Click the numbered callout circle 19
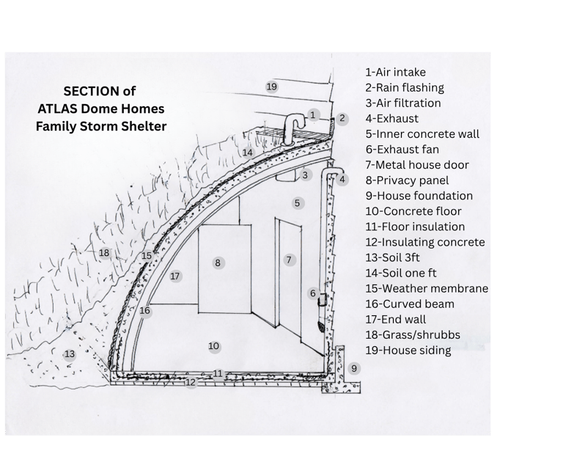[272, 87]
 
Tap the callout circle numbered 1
[313, 114]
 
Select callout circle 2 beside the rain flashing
[342, 118]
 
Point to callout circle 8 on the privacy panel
[218, 262]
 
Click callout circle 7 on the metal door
[289, 260]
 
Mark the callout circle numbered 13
[70, 354]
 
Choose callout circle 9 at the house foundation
[354, 368]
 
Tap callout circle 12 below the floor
[191, 382]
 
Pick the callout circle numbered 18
[104, 253]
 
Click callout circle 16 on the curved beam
[145, 311]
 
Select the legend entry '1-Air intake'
[395, 73]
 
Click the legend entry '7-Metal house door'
[417, 165]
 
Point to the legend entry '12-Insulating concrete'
[424, 242]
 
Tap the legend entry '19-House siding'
[408, 351]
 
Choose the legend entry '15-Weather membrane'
[426, 288]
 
